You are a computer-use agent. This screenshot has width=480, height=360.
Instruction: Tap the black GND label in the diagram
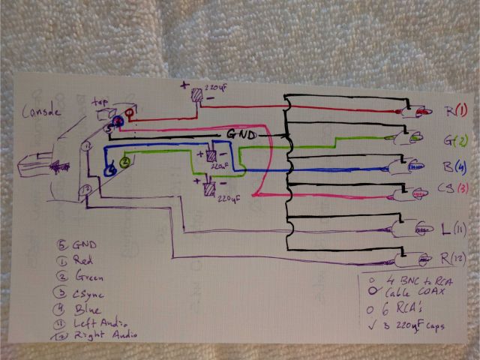(x=239, y=135)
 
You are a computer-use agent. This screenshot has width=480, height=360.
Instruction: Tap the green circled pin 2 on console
(x=125, y=161)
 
